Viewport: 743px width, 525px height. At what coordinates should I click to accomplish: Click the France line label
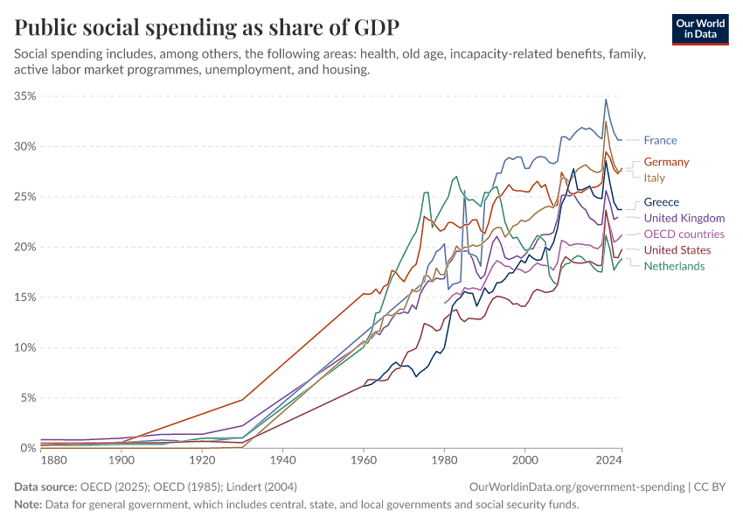[x=660, y=140]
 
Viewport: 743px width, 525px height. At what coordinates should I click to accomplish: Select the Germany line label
[x=666, y=162]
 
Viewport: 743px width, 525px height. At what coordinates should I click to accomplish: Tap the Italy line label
[x=654, y=178]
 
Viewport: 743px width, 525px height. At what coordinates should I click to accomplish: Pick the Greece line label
[x=661, y=202]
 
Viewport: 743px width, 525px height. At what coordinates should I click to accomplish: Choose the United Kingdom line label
[x=684, y=218]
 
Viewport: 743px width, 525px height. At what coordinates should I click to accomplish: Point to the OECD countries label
[x=684, y=234]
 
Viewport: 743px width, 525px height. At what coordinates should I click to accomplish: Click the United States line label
[x=677, y=250]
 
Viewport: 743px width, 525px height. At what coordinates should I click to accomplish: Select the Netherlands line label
[x=674, y=266]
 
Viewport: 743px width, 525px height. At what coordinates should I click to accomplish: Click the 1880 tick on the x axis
[x=53, y=459]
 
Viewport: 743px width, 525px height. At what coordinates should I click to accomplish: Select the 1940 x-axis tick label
[x=282, y=459]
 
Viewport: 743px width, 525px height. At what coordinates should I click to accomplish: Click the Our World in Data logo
[x=699, y=29]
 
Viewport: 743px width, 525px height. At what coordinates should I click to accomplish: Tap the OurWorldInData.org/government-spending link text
[x=576, y=486]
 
